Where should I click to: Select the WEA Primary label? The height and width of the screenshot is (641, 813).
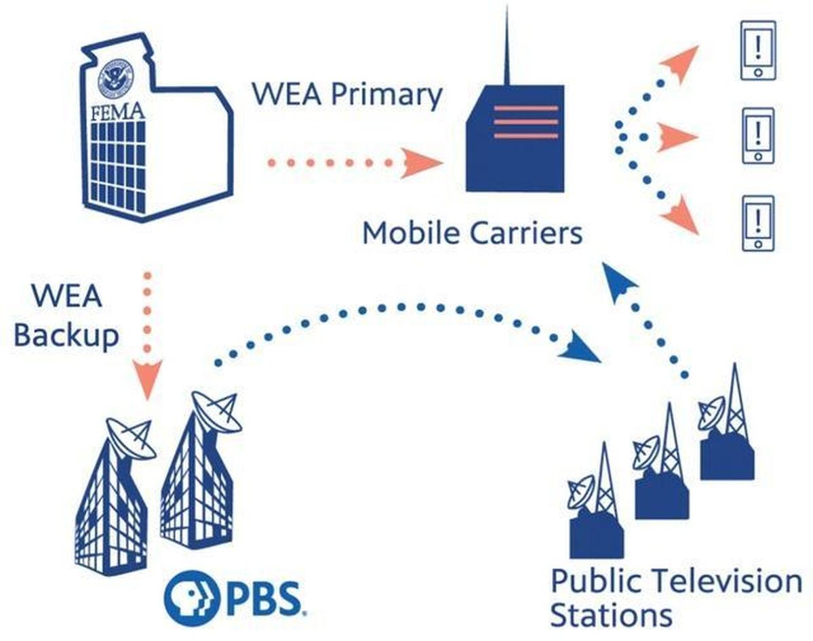(x=346, y=94)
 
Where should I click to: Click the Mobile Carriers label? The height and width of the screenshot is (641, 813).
(x=472, y=233)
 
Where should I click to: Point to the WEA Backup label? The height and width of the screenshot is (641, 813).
(x=66, y=316)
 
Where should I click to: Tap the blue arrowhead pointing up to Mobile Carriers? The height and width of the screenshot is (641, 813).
(x=619, y=280)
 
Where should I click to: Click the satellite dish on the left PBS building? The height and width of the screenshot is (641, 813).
(x=131, y=437)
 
